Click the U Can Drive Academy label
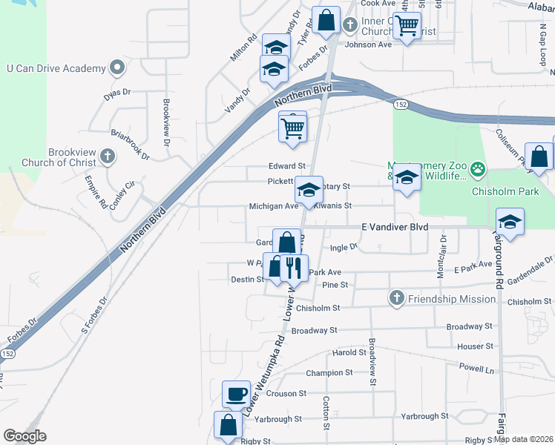point(56,68)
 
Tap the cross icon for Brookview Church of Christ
point(108,156)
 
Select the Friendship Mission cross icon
point(396,298)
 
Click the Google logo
point(24,436)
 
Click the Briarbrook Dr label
point(130,145)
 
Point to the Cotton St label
point(326,412)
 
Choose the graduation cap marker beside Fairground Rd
point(510,220)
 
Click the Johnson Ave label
point(369,44)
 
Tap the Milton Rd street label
point(243,47)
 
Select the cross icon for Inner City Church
point(350,24)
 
